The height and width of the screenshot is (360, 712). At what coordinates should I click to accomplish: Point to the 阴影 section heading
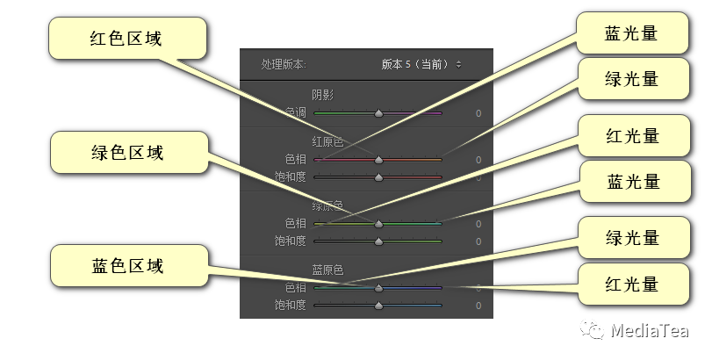click(x=323, y=94)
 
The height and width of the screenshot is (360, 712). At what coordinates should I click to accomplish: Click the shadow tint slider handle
click(x=378, y=113)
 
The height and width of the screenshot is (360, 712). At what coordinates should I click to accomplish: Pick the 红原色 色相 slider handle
click(x=378, y=160)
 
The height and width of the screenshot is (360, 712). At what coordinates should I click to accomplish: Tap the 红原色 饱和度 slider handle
click(x=378, y=177)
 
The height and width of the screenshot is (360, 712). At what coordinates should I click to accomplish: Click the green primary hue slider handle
click(x=378, y=224)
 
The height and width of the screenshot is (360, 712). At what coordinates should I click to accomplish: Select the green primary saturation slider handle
click(x=378, y=241)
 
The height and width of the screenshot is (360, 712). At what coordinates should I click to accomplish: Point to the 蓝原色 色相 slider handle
click(x=378, y=288)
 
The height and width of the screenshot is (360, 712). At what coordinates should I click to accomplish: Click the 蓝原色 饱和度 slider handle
click(x=378, y=306)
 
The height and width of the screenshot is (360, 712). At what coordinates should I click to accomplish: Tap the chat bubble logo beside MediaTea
click(x=596, y=330)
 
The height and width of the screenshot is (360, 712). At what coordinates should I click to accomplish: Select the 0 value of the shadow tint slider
click(x=478, y=113)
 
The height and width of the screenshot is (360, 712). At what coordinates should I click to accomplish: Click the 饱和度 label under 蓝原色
click(x=289, y=306)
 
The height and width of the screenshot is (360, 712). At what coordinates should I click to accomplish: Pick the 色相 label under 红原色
click(x=296, y=160)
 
